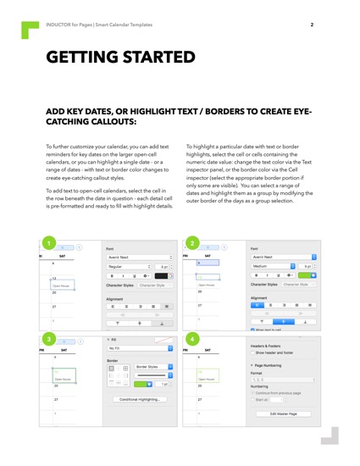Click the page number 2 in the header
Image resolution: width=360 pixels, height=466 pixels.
pos(312,25)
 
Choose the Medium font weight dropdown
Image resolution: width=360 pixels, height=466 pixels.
pos(284,265)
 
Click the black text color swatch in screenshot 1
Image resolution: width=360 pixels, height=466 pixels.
pos(161,276)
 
